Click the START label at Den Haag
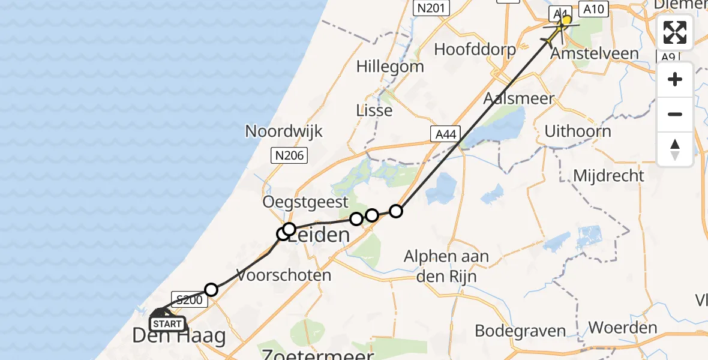tap(167, 324)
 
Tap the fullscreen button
tap(675, 32)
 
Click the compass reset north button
tap(675, 149)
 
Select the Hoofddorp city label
tap(475, 49)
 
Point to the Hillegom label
tap(390, 66)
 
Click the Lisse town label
tap(374, 110)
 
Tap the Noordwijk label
tap(284, 131)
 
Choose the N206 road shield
tap(290, 156)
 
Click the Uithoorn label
tap(578, 131)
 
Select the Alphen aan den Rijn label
tap(446, 265)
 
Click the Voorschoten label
tap(284, 275)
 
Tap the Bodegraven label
tap(520, 331)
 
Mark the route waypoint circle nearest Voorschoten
tap(211, 290)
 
